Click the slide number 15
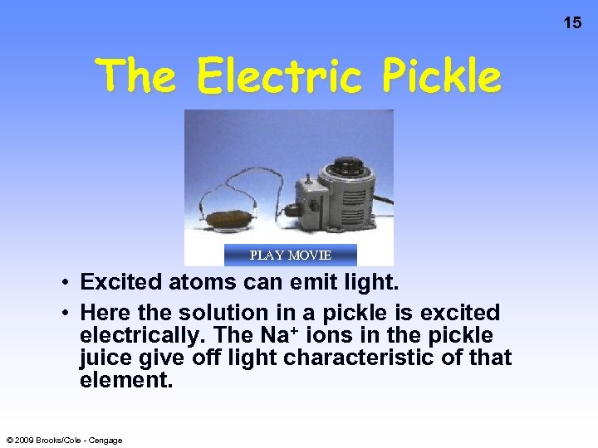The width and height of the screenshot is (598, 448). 572,23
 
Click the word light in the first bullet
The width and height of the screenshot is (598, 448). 371,283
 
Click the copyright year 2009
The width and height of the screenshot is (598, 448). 27,440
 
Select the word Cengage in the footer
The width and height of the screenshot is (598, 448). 105,440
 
